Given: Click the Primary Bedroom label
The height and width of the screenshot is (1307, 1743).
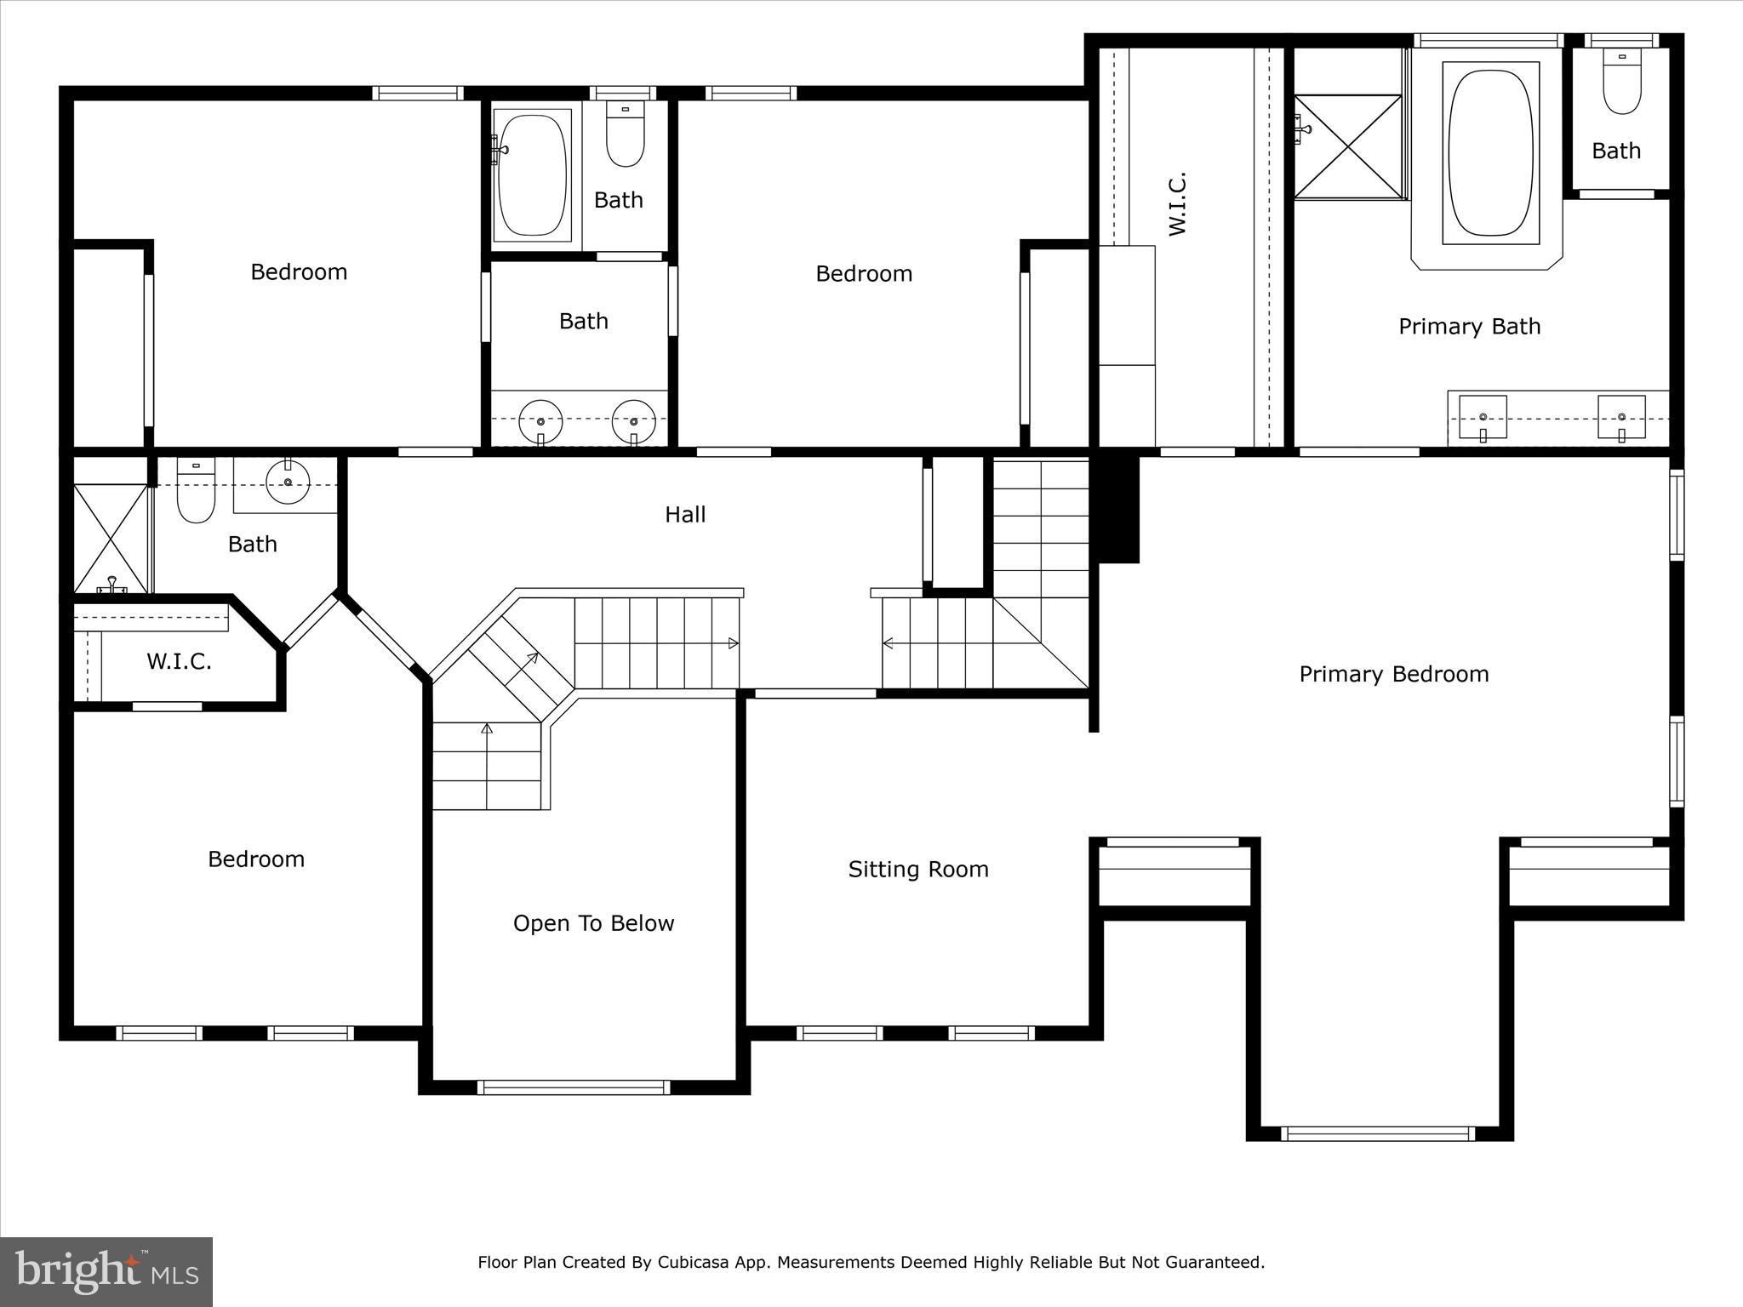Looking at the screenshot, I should tap(1393, 675).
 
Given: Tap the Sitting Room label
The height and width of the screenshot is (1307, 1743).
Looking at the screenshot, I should tap(918, 870).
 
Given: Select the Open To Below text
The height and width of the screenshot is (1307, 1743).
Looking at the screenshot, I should tap(593, 924).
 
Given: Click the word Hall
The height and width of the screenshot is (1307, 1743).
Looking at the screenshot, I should tap(685, 515).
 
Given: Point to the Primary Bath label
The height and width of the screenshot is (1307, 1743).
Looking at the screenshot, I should tap(1469, 327).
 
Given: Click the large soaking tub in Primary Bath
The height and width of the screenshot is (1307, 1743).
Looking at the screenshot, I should tap(1490, 153).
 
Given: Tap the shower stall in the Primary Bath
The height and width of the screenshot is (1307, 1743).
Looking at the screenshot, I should tap(1347, 147).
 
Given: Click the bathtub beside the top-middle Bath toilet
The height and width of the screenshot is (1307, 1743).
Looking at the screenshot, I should tap(532, 174).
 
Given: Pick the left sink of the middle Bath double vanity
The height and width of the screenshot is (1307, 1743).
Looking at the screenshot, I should tap(541, 419).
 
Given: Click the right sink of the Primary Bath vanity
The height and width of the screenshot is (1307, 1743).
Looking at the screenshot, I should tap(1620, 417).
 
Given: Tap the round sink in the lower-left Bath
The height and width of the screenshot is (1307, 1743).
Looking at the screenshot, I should tap(289, 482).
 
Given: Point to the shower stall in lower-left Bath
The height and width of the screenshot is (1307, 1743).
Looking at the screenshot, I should tap(111, 538).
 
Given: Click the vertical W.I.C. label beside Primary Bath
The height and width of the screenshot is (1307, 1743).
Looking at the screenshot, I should tap(1177, 204).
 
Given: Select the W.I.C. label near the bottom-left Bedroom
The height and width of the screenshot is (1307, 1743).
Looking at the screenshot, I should tap(179, 662).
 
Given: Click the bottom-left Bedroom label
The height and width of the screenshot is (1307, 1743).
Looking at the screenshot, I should tap(256, 859).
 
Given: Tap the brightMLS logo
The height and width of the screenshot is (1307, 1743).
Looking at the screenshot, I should tap(106, 1271).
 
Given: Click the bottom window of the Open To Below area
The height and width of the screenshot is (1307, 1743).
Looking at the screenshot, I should tap(573, 1087).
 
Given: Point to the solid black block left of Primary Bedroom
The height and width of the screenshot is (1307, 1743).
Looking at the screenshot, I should tap(1118, 509).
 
